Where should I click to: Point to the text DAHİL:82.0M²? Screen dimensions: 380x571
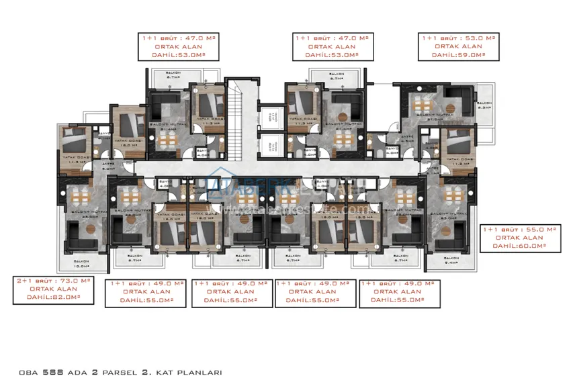54,297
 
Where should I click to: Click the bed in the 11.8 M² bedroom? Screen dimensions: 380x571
459,142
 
